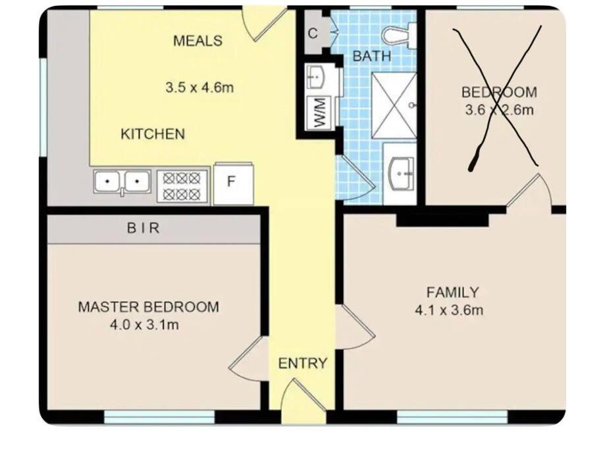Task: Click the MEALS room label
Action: pyautogui.click(x=197, y=41)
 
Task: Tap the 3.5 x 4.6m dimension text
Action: pyautogui.click(x=199, y=87)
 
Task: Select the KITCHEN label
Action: pyautogui.click(x=153, y=133)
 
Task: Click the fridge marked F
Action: pyautogui.click(x=233, y=183)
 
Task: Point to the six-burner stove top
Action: pyautogui.click(x=182, y=186)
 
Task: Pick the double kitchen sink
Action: pyautogui.click(x=122, y=181)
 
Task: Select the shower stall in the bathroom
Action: pyautogui.click(x=394, y=105)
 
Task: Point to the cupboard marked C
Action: pyautogui.click(x=313, y=33)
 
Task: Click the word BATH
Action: pyautogui.click(x=371, y=57)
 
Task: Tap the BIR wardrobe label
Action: pyautogui.click(x=143, y=227)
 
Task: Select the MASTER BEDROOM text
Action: pyautogui.click(x=149, y=307)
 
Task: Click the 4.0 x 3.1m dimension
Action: pyautogui.click(x=144, y=325)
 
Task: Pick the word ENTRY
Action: pyautogui.click(x=303, y=363)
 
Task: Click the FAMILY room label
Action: pyautogui.click(x=452, y=292)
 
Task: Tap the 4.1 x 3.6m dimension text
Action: pyautogui.click(x=449, y=310)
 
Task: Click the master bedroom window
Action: pyautogui.click(x=159, y=417)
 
